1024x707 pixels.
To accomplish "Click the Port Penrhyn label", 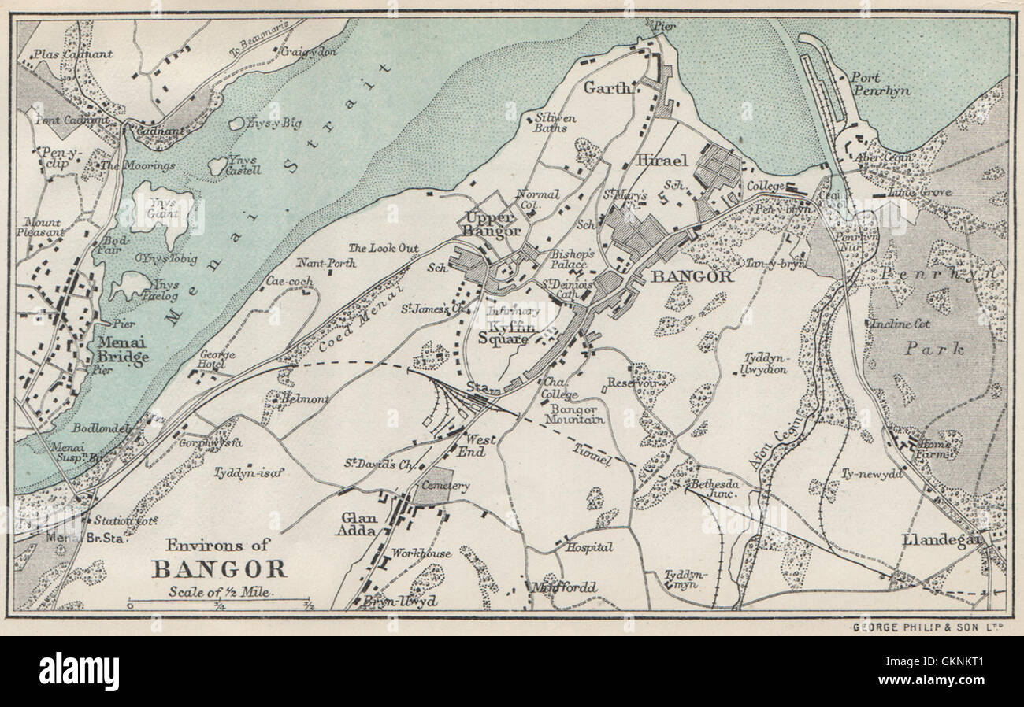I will pyautogui.click(x=880, y=84).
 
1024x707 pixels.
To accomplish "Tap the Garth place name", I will pyautogui.click(x=608, y=89).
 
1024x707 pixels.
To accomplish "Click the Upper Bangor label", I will pyautogui.click(x=492, y=224).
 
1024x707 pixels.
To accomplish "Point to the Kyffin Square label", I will pyautogui.click(x=508, y=333).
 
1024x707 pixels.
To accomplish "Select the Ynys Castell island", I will pyautogui.click(x=217, y=165).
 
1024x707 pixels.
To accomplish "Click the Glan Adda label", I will pyautogui.click(x=360, y=525).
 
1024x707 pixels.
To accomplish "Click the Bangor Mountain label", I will pyautogui.click(x=577, y=414).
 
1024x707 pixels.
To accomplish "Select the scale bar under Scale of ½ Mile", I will pyautogui.click(x=221, y=605).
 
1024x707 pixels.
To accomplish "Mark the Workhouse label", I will pyautogui.click(x=422, y=553).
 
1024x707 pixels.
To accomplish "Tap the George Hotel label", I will pyautogui.click(x=217, y=360).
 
